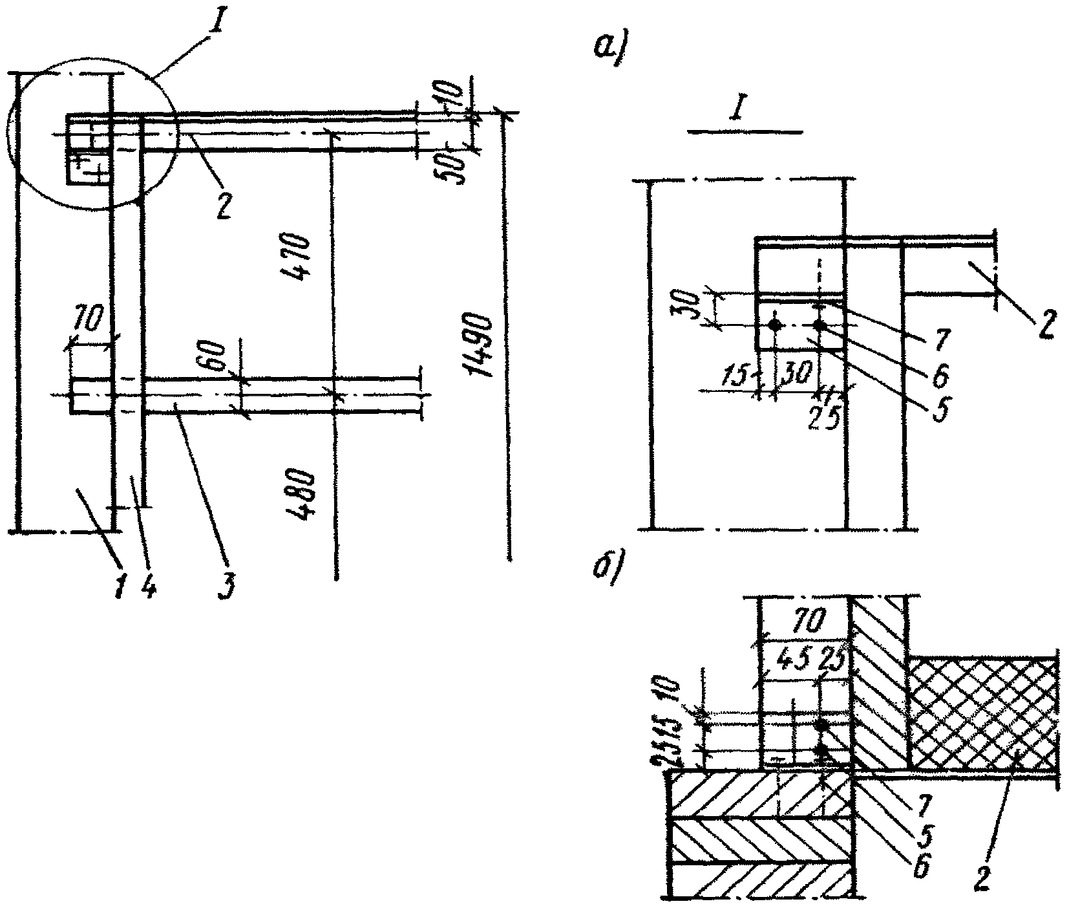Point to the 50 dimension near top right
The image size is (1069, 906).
456,167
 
